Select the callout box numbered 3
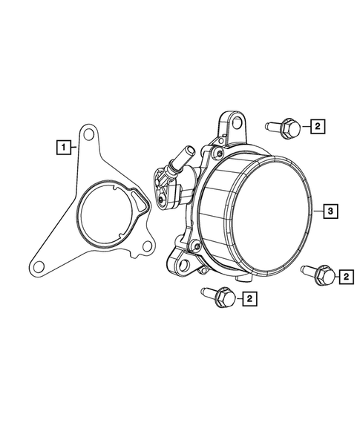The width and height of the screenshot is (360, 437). [x=331, y=211]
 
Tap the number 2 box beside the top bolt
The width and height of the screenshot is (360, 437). [x=317, y=128]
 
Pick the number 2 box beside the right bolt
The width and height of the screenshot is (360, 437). [x=344, y=277]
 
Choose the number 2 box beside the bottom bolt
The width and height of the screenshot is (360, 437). [x=250, y=299]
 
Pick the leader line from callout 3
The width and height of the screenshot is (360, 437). [x=317, y=211]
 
